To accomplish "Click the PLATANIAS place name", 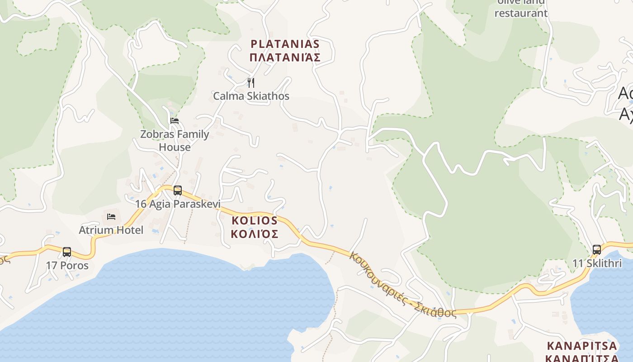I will pos(285,44).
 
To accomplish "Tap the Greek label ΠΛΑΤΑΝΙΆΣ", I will pos(285,57).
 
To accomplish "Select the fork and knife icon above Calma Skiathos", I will pos(251,83).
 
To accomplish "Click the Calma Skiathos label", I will pos(251,96).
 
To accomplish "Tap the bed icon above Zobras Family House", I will pos(175,121).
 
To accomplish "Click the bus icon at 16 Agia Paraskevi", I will pos(178,191).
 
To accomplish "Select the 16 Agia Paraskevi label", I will pos(178,204).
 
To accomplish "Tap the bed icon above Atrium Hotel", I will pos(111,217).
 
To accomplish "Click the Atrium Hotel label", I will pos(111,230).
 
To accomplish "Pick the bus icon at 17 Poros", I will pos(67,252).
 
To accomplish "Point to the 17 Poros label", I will pos(67,265).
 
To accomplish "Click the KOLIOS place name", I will pos(255,221).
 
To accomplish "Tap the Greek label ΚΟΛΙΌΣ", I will pos(255,234).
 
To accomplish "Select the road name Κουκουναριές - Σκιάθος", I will pos(402,285).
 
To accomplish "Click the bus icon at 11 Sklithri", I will pos(597,250).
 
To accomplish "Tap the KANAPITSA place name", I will pos(582,346).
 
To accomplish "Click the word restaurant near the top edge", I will pos(521,13).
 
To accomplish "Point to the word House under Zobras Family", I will pos(175,147).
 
